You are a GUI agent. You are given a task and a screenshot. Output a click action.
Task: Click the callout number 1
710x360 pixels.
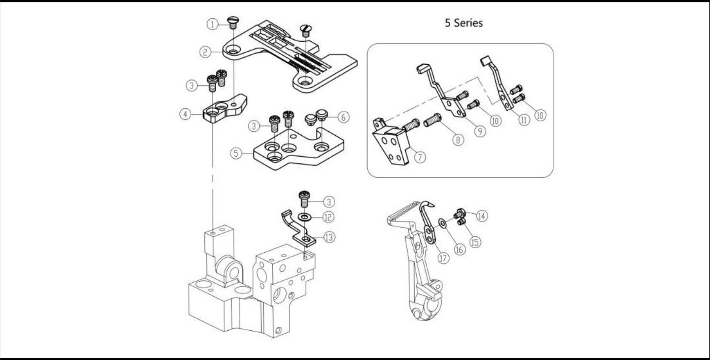tap(211, 23)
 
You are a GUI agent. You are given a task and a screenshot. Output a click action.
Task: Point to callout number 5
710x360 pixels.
tap(236, 154)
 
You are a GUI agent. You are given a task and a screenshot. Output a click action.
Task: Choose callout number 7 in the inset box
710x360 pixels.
tap(420, 157)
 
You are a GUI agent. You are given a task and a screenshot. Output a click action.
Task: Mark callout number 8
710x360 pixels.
tap(458, 140)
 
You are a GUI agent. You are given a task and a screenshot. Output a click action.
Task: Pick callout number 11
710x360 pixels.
tap(524, 120)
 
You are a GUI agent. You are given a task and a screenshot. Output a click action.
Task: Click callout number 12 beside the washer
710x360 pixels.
tap(327, 218)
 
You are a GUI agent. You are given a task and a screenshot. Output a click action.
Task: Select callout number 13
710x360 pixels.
tap(328, 237)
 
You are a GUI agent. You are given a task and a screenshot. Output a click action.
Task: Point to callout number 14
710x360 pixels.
tap(482, 216)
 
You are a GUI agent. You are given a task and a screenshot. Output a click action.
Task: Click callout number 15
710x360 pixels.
tap(475, 242)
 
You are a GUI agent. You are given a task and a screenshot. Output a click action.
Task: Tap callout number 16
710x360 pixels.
tap(460, 250)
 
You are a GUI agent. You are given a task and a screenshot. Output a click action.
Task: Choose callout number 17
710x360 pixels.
tap(442, 258)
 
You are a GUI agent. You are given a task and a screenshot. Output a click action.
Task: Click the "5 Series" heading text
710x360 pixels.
tap(464, 23)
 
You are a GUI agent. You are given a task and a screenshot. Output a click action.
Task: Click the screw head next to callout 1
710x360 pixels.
tap(234, 20)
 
